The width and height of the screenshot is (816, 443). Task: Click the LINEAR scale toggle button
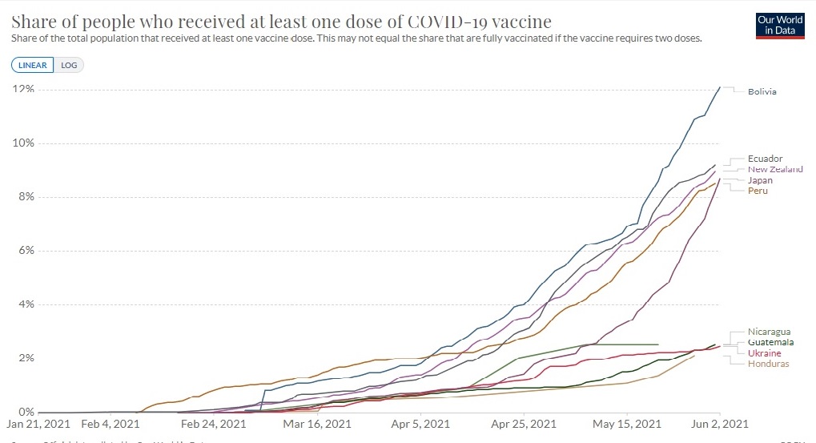coord(33,65)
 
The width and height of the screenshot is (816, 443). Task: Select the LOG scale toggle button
coord(69,65)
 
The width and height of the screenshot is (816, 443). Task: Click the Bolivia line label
coord(762,91)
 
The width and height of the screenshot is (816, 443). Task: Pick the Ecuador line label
coord(765,159)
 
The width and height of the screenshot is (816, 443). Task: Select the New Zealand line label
coord(774,169)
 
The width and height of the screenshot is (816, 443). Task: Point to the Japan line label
coord(760,180)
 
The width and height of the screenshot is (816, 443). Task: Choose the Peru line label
coord(758,191)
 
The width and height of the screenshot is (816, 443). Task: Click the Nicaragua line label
coord(769,332)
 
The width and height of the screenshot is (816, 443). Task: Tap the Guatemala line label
coord(770,342)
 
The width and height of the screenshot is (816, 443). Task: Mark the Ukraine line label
coord(764,353)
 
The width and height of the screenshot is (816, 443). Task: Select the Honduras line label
coord(768,364)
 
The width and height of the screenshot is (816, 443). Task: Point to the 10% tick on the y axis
coord(22,143)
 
